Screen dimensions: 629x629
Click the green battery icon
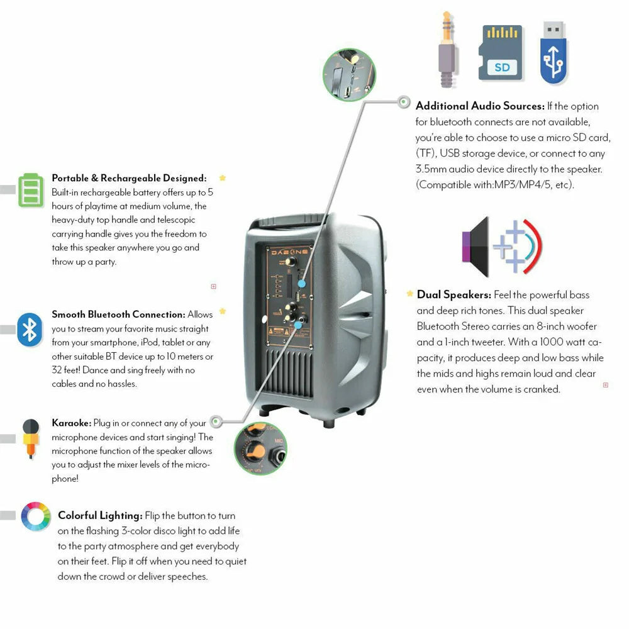[x=31, y=189]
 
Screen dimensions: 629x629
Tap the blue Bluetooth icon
[x=30, y=329]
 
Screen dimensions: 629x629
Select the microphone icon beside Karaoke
[x=30, y=437]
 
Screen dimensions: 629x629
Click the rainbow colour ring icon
[x=35, y=516]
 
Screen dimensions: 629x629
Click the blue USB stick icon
[x=553, y=53]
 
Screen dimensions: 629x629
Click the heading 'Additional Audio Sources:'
[x=479, y=106]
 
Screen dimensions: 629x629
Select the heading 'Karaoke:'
[x=71, y=423]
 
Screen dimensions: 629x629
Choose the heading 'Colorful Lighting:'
[x=100, y=515]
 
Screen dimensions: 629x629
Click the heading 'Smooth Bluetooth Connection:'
[x=118, y=314]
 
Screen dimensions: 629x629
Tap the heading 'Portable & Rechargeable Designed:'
[x=129, y=178]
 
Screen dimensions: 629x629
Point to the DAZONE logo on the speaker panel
[x=289, y=250]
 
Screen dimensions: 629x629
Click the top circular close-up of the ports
[x=348, y=75]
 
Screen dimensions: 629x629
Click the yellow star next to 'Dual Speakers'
[x=410, y=294]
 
